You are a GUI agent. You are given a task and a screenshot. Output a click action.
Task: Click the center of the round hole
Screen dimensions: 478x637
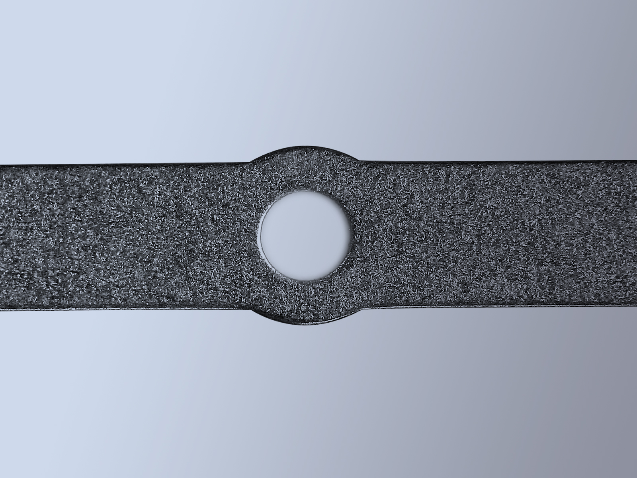(x=306, y=234)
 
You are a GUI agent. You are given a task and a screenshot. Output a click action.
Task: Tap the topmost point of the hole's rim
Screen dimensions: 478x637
(x=306, y=189)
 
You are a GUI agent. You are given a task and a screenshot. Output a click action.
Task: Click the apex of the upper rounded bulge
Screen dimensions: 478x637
(x=306, y=146)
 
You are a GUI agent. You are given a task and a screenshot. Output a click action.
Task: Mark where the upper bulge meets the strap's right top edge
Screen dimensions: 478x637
(x=361, y=161)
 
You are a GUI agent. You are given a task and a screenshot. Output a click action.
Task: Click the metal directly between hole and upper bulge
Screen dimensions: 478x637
(x=306, y=168)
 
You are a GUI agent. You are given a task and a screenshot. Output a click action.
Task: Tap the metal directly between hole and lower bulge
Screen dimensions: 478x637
(x=306, y=302)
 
